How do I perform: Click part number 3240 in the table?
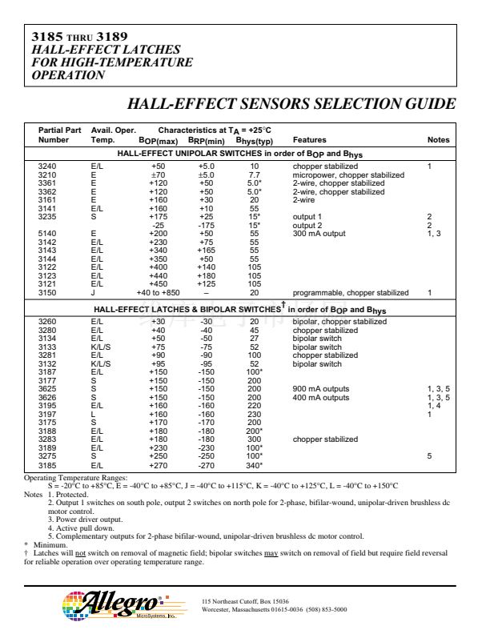pyautogui.click(x=47, y=166)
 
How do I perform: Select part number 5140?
pyautogui.click(x=47, y=234)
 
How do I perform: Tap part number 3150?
pyautogui.click(x=47, y=293)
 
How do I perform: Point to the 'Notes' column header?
pyautogui.click(x=438, y=140)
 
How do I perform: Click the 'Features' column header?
pyautogui.click(x=309, y=140)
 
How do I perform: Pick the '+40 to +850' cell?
pyautogui.click(x=159, y=293)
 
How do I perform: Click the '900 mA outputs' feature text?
pyautogui.click(x=321, y=390)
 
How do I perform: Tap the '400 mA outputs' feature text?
pyautogui.click(x=321, y=398)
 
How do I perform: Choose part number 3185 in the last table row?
pyautogui.click(x=47, y=465)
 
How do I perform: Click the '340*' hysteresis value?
pyautogui.click(x=255, y=465)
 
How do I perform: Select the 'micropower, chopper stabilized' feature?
pyautogui.click(x=347, y=175)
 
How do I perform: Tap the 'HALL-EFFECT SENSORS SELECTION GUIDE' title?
pyautogui.click(x=291, y=105)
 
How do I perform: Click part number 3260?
pyautogui.click(x=47, y=322)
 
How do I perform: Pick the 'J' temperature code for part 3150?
pyautogui.click(x=94, y=293)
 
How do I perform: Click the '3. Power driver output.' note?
pyautogui.click(x=85, y=520)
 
